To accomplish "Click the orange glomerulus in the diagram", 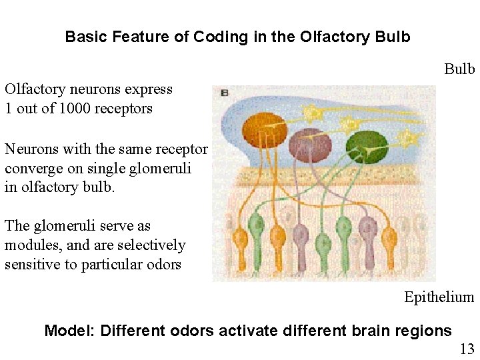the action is (x=264, y=128).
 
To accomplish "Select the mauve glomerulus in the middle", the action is (x=309, y=144).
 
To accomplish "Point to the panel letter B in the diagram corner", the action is (x=224, y=93).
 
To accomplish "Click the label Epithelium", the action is (x=439, y=297).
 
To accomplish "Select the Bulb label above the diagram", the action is (x=459, y=69).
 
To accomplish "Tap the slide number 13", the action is (x=466, y=348).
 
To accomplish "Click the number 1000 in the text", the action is (x=77, y=109).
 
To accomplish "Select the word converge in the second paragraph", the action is (x=31, y=169).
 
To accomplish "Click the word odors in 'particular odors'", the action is (x=164, y=265).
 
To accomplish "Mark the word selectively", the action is (x=155, y=245).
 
